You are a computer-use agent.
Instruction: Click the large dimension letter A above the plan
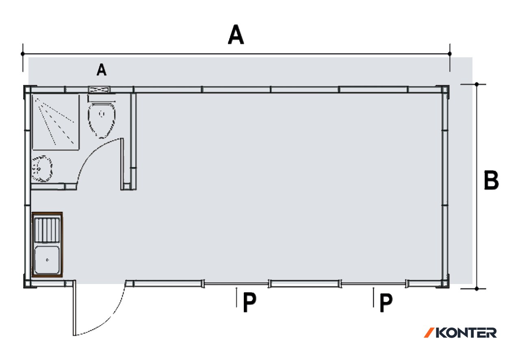point(236,35)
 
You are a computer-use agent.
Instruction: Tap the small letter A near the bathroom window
point(102,70)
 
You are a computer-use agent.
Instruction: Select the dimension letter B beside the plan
point(492,180)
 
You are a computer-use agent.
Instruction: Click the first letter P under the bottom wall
point(249,302)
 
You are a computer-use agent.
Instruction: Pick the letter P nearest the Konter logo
point(386,302)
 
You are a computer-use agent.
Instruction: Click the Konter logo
point(460,333)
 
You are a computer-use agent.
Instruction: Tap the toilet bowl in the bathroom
point(102,120)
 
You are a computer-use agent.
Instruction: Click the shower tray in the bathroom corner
point(56,122)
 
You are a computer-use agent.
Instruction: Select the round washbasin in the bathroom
point(42,168)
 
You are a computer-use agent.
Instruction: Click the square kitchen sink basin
point(47,260)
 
